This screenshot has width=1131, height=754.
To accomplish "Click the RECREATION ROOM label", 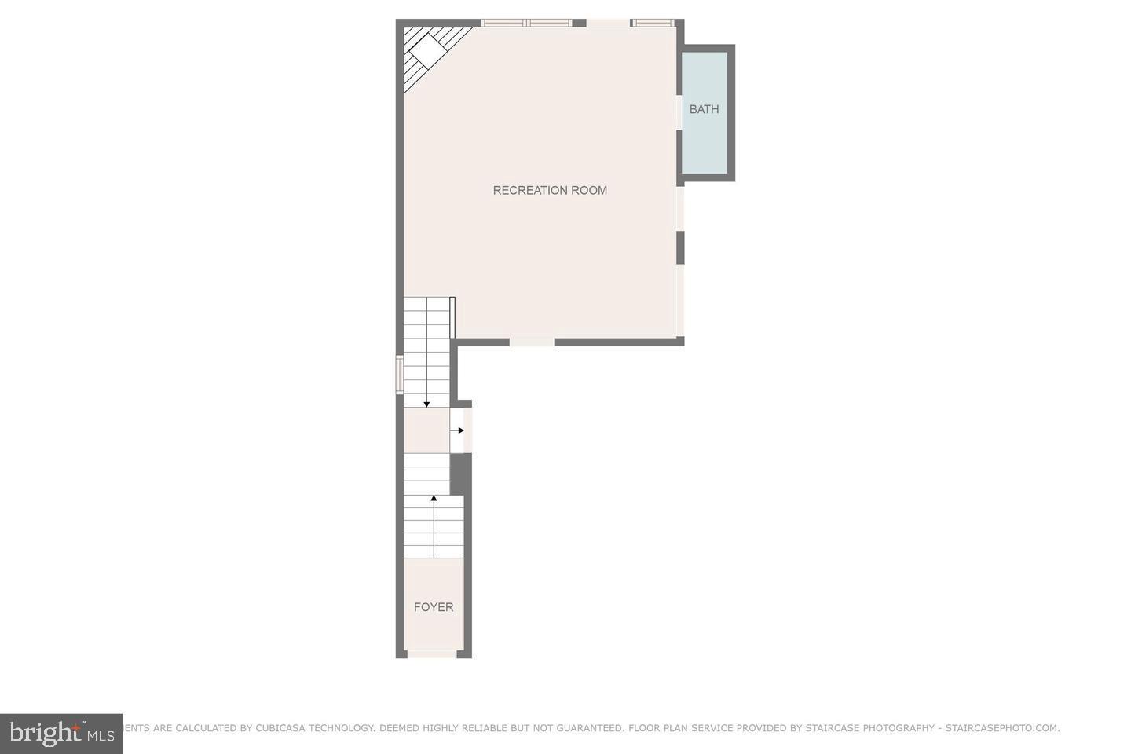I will [x=550, y=190].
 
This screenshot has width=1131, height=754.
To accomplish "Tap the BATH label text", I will [x=704, y=109].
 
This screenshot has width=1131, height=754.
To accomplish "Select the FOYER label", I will [x=434, y=607].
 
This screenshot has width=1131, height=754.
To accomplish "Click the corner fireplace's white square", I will [x=429, y=51].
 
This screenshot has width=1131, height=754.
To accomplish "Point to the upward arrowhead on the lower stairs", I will [x=434, y=498].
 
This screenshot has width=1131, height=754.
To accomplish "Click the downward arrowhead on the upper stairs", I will [x=426, y=404].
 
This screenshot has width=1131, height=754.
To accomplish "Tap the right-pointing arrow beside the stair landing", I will [x=460, y=430].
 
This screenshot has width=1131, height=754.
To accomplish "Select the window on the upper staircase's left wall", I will [x=399, y=375].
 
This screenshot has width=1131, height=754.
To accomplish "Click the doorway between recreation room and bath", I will [x=679, y=112].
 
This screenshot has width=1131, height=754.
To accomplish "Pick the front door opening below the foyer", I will [x=433, y=653].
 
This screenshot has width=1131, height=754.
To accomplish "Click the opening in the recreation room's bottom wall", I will [x=532, y=342].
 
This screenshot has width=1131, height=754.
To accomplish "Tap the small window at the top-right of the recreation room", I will [x=653, y=23].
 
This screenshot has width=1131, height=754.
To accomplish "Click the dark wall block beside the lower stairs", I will [x=460, y=474].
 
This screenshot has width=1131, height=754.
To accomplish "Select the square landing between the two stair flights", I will [x=426, y=430].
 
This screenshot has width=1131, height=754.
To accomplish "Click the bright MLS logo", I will [x=61, y=734].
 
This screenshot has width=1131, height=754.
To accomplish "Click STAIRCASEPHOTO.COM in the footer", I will [x=1002, y=728].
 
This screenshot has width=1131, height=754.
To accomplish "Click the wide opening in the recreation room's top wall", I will [x=608, y=23].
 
